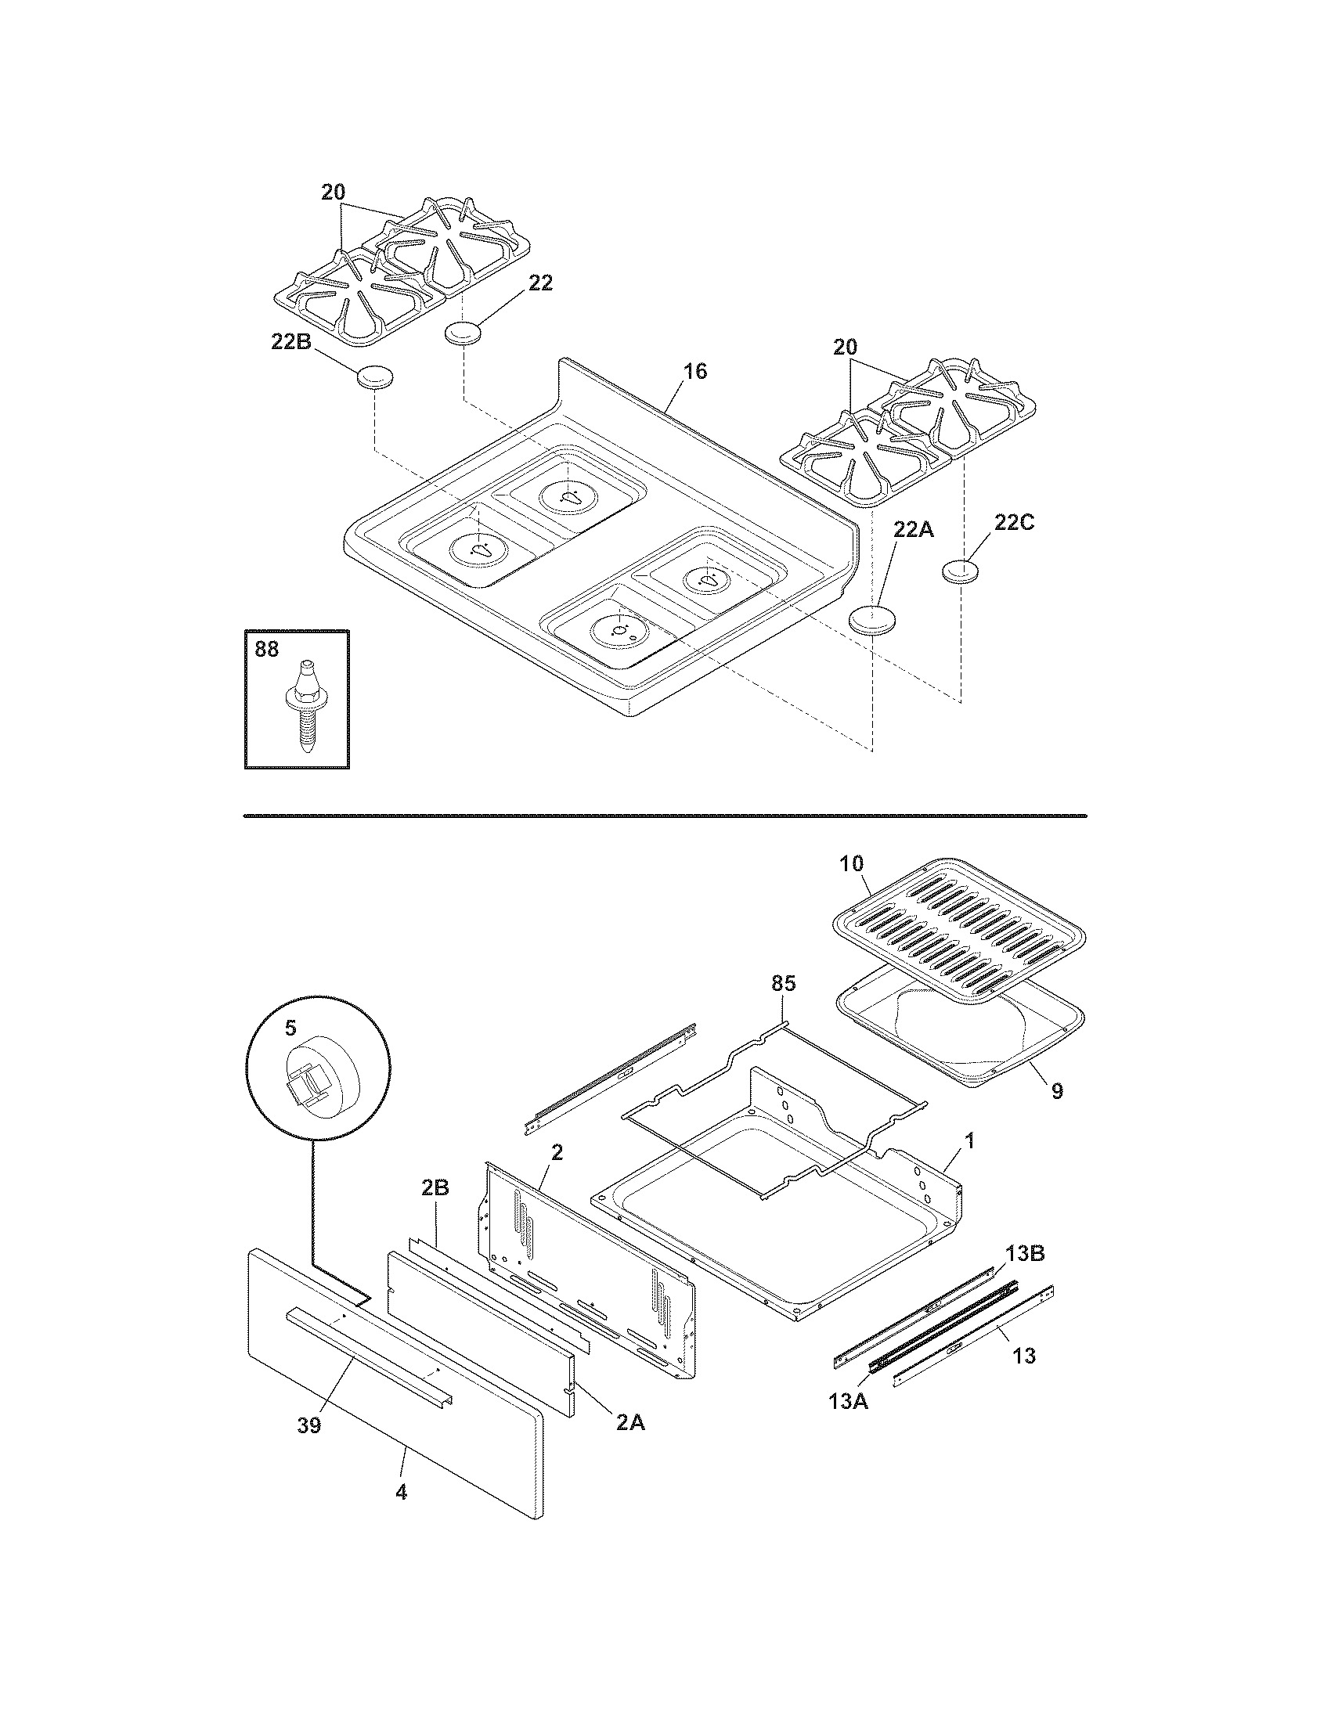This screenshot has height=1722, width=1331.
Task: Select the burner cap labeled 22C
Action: pos(960,571)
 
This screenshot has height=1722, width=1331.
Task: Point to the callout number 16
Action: pos(694,370)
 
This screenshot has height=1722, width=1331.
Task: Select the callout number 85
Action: pos(783,983)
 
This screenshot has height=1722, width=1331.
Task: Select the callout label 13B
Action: pos(1024,1254)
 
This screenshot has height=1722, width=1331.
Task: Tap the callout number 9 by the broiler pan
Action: pos(1057,1090)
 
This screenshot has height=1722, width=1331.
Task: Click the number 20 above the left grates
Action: pos(333,192)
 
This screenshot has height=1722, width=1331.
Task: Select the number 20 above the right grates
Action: pos(845,347)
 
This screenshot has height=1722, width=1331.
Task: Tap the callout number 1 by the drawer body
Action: pos(969,1140)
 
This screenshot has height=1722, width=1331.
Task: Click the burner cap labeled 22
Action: pos(463,333)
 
